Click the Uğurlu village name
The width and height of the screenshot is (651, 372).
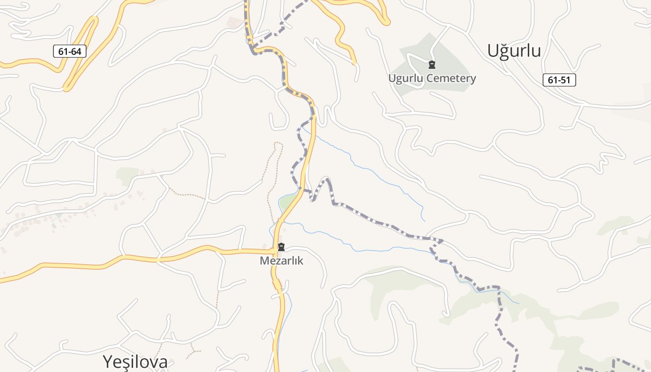[514, 51]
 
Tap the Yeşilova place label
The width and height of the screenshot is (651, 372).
[135, 361]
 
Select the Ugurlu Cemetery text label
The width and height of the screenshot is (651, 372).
[432, 78]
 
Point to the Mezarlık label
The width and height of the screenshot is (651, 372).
[281, 260]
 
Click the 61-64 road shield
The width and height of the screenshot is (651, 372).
[70, 51]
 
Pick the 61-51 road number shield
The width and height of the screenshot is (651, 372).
[559, 80]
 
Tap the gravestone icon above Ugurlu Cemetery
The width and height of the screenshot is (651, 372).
[432, 65]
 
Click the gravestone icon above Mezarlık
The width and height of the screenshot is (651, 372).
[281, 247]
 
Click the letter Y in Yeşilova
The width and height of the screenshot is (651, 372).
[107, 362]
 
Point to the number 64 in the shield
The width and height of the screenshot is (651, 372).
[76, 51]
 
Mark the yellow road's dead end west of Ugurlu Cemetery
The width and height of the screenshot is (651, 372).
[354, 62]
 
